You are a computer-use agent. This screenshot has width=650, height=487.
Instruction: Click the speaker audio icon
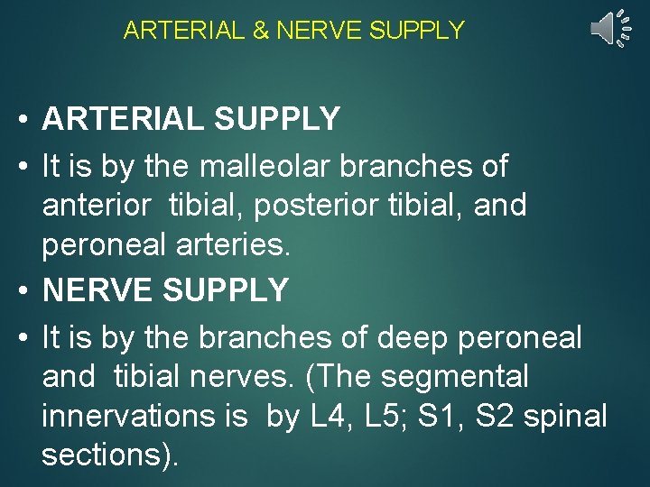tap(608, 30)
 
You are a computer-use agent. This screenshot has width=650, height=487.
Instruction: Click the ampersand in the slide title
tap(260, 31)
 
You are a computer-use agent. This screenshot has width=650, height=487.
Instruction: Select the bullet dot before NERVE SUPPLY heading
tap(24, 291)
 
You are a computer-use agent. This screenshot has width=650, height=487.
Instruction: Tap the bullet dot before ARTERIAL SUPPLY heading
tap(24, 119)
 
